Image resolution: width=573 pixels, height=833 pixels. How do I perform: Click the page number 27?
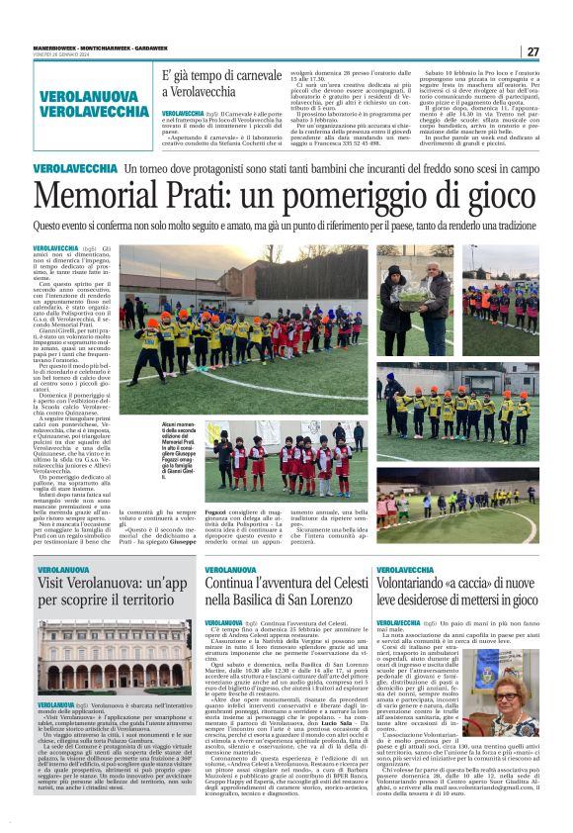532,51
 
